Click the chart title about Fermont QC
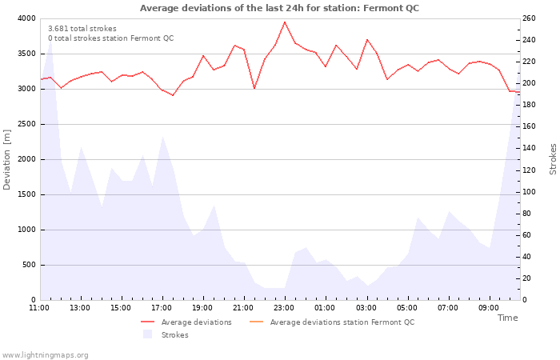pyautogui.click(x=279, y=8)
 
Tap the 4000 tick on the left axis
pyautogui.click(x=26, y=18)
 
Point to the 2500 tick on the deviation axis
pyautogui.click(x=26, y=124)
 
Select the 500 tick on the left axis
pyautogui.click(x=28, y=265)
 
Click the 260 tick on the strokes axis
pyautogui.click(x=530, y=18)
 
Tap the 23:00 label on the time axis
pyautogui.click(x=284, y=308)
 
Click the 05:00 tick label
pyautogui.click(x=407, y=308)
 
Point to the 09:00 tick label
pyautogui.click(x=489, y=308)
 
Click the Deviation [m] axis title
pyautogui.click(x=7, y=160)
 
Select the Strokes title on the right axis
pyautogui.click(x=553, y=159)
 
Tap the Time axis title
pyautogui.click(x=507, y=318)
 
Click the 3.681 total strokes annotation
pyautogui.click(x=82, y=29)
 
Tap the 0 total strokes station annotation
pyautogui.click(x=110, y=38)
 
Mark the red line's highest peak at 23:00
pyautogui.click(x=285, y=22)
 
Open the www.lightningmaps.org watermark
pyautogui.click(x=46, y=354)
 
